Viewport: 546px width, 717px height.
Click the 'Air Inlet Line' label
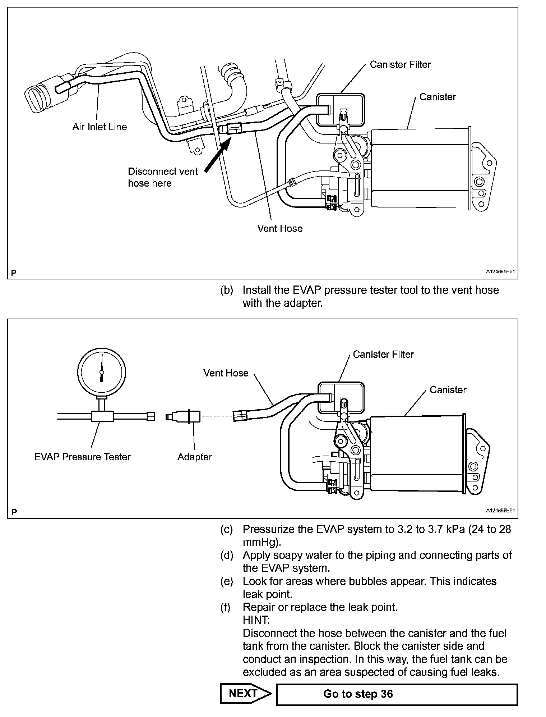pos(100,127)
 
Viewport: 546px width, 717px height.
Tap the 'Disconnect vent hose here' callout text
pos(163,177)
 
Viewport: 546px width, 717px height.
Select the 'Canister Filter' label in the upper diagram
pos(400,65)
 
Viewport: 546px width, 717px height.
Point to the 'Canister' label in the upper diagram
pos(438,97)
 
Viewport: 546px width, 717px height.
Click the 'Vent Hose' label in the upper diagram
pos(280,229)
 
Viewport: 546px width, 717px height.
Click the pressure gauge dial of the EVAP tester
pos(102,371)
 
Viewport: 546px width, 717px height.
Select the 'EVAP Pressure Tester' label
pos(82,457)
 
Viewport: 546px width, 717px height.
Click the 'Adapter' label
pos(195,457)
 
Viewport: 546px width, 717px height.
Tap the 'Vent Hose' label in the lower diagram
pos(226,373)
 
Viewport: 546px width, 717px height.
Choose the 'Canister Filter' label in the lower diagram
pos(383,355)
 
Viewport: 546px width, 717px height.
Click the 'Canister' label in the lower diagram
pos(448,390)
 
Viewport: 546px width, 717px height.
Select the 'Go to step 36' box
pos(397,694)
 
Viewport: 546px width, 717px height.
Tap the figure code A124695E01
pos(501,272)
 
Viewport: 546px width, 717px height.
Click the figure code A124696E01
pos(501,511)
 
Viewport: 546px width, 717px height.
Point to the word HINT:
pos(256,620)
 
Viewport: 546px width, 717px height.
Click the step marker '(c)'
pos(226,530)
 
